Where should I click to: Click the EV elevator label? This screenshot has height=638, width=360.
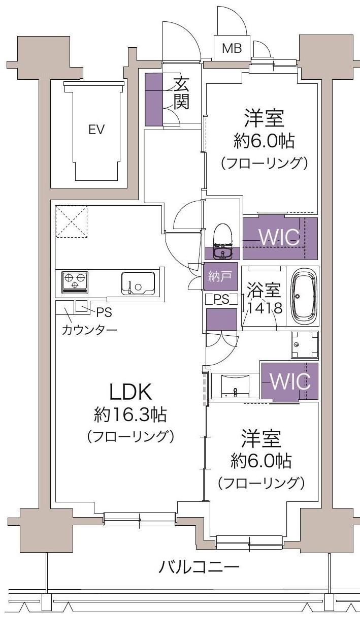tap(96, 129)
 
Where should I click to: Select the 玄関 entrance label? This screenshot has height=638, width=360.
tap(181, 93)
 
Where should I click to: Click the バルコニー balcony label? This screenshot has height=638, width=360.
tap(198, 567)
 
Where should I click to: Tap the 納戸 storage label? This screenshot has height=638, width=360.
tap(220, 276)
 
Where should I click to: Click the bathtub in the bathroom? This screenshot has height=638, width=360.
tap(304, 297)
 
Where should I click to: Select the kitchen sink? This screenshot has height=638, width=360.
tap(138, 282)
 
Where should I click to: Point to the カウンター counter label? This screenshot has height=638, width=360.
tap(89, 330)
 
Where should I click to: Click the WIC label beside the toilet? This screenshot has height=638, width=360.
tap(279, 236)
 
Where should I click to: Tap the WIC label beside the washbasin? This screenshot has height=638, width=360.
tap(289, 380)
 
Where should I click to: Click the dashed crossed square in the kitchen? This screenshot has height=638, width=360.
tap(71, 221)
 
